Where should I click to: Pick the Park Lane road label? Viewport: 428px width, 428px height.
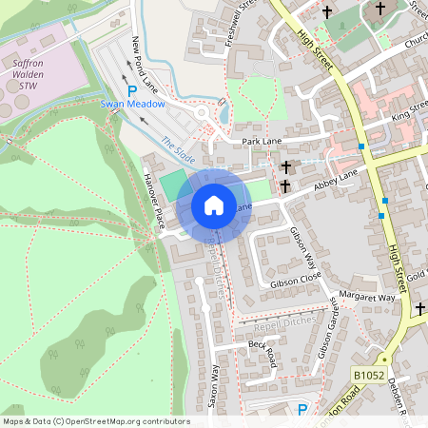point(263,140)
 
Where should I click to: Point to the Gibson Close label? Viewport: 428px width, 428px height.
point(296,282)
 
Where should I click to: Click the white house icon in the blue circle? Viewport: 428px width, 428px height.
point(214,204)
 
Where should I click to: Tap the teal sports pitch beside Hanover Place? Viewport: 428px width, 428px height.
point(173,185)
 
